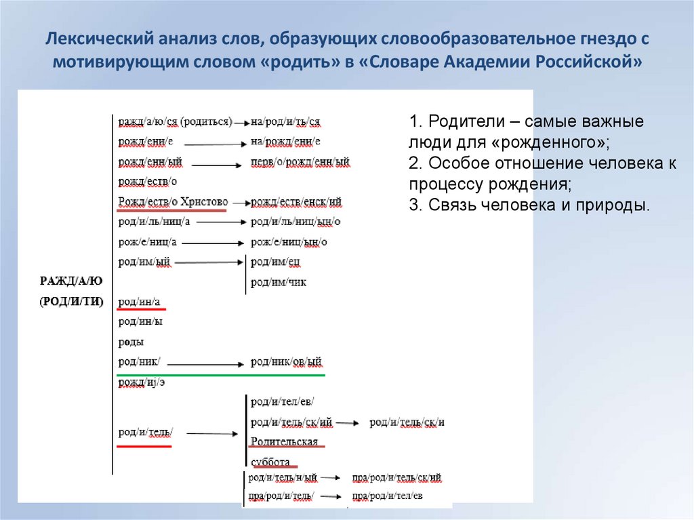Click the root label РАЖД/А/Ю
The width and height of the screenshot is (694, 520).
[x=70, y=281]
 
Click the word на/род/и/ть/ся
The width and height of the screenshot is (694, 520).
[x=285, y=122]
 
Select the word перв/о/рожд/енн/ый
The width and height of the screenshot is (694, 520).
[x=300, y=162]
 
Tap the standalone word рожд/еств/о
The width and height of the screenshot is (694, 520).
[x=148, y=182]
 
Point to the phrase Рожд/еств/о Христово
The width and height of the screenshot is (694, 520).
[x=173, y=201]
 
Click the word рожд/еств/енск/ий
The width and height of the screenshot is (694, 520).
[x=296, y=201]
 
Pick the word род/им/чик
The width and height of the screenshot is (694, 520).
[x=278, y=281]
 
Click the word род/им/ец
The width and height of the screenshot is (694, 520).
[x=275, y=262]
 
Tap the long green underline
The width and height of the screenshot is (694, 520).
[x=221, y=374]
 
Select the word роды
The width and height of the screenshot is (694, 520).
[x=131, y=342]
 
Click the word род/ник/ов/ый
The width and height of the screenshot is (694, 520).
[x=285, y=362]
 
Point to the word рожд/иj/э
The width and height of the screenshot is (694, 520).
[x=142, y=382]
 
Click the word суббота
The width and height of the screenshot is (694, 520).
[x=270, y=462]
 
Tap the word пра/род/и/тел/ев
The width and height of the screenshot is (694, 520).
[x=387, y=496]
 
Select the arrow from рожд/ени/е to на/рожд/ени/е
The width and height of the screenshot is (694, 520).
[x=213, y=144]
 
